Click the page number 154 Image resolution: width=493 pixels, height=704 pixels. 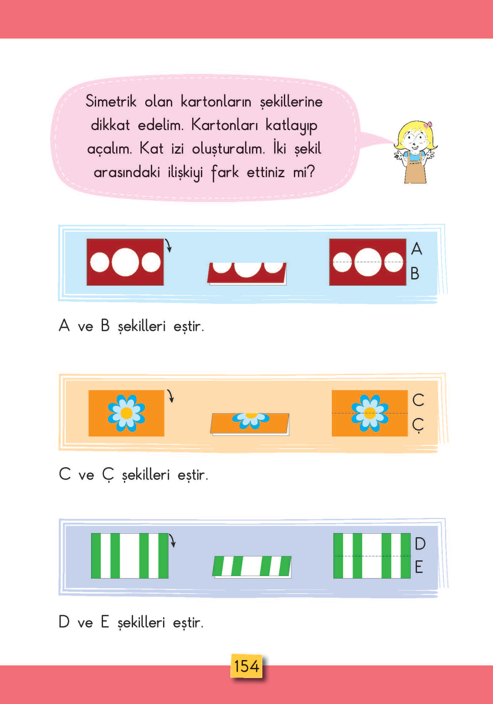click(x=246, y=666)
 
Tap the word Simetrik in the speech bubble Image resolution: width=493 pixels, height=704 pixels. click(x=111, y=101)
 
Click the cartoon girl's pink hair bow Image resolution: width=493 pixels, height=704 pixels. click(x=428, y=125)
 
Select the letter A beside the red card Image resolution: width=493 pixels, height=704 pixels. click(x=416, y=249)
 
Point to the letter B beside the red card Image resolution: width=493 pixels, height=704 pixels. click(x=415, y=274)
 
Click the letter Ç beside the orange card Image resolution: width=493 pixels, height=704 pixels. click(x=418, y=425)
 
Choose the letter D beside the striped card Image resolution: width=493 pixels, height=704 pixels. click(x=420, y=543)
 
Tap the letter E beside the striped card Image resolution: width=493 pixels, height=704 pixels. click(x=419, y=567)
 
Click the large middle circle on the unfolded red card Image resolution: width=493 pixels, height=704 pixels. click(x=125, y=262)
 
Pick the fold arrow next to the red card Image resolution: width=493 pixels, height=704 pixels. click(x=169, y=246)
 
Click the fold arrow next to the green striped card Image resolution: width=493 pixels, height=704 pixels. click(x=173, y=541)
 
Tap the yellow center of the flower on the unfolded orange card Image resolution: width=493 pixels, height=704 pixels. click(x=126, y=413)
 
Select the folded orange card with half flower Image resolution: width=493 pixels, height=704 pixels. click(x=250, y=423)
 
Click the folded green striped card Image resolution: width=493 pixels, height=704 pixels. click(x=252, y=566)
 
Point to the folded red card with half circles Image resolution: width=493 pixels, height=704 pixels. click(x=247, y=273)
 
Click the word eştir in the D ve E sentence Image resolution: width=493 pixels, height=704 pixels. click(x=188, y=623)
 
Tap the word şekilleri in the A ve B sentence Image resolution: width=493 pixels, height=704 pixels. click(x=142, y=326)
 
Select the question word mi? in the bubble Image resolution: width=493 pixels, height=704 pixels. click(x=303, y=172)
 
